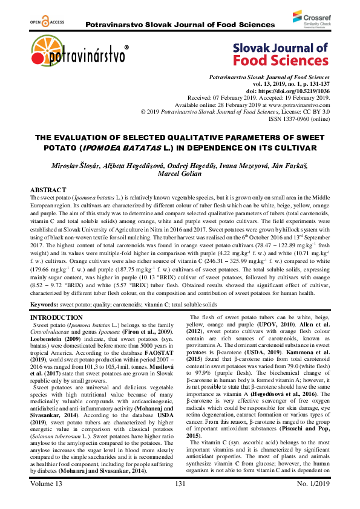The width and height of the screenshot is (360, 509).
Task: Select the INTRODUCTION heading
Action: click(x=57, y=317)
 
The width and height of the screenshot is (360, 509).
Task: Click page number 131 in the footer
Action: click(x=180, y=501)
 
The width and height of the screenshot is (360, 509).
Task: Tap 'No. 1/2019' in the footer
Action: click(x=308, y=501)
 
